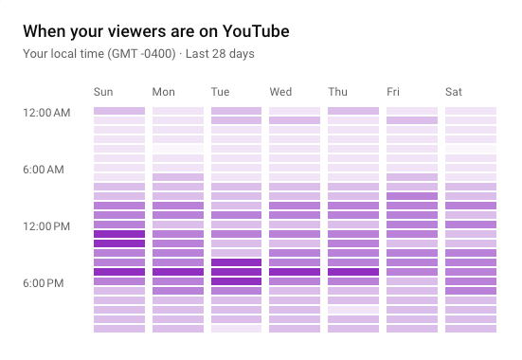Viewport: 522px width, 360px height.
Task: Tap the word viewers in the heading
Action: click(x=123, y=31)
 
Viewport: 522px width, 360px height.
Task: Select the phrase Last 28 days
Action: click(x=220, y=54)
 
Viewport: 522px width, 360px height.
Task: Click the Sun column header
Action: click(x=103, y=92)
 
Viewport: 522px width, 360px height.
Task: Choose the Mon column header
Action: click(x=164, y=92)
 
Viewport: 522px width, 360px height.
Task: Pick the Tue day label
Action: click(x=221, y=92)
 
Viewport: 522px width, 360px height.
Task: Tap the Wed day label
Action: click(x=280, y=92)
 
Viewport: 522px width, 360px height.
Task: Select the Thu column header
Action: click(x=338, y=92)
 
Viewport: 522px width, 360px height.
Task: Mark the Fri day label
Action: click(x=393, y=92)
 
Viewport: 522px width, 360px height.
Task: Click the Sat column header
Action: click(x=454, y=92)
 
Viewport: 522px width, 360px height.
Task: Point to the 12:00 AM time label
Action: click(x=47, y=113)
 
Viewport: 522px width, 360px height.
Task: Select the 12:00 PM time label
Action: click(x=47, y=226)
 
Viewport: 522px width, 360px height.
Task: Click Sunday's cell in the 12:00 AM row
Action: click(x=119, y=111)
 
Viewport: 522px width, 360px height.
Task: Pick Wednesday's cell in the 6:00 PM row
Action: click(x=295, y=281)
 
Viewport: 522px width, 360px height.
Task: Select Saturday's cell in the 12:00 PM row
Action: click(x=471, y=225)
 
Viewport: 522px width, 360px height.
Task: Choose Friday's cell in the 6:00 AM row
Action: click(x=412, y=168)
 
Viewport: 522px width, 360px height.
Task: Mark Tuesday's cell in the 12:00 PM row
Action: click(x=236, y=225)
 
